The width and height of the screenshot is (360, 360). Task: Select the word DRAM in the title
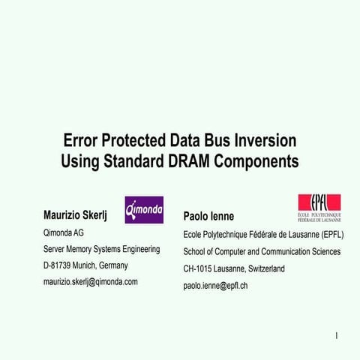(194, 160)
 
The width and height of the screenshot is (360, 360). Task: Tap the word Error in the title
(79, 140)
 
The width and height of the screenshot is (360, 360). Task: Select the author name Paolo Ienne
(208, 217)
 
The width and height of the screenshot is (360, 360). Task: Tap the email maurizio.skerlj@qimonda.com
(91, 282)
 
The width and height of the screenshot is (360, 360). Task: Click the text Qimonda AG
(64, 233)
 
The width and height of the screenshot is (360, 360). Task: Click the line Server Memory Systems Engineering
(102, 249)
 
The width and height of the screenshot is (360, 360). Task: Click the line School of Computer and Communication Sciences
(262, 252)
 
